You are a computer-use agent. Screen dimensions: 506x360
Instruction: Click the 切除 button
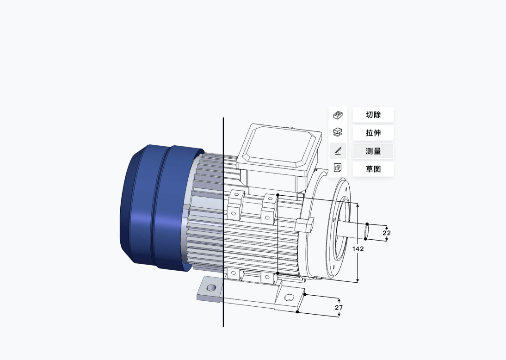tap(373, 115)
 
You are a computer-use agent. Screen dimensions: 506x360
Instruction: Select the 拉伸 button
tap(373, 133)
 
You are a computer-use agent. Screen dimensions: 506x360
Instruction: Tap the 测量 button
tap(373, 151)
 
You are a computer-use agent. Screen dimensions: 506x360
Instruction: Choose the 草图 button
tap(373, 169)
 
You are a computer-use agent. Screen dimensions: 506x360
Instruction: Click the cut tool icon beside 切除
tap(338, 115)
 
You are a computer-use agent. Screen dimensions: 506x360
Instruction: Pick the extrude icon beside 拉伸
tap(338, 132)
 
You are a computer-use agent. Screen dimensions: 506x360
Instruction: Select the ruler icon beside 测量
tap(338, 150)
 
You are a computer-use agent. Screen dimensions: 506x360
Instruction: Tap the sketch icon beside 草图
tap(338, 168)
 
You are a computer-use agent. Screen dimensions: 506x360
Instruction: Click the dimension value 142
tap(358, 249)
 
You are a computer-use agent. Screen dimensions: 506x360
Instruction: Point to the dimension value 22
tap(387, 233)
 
